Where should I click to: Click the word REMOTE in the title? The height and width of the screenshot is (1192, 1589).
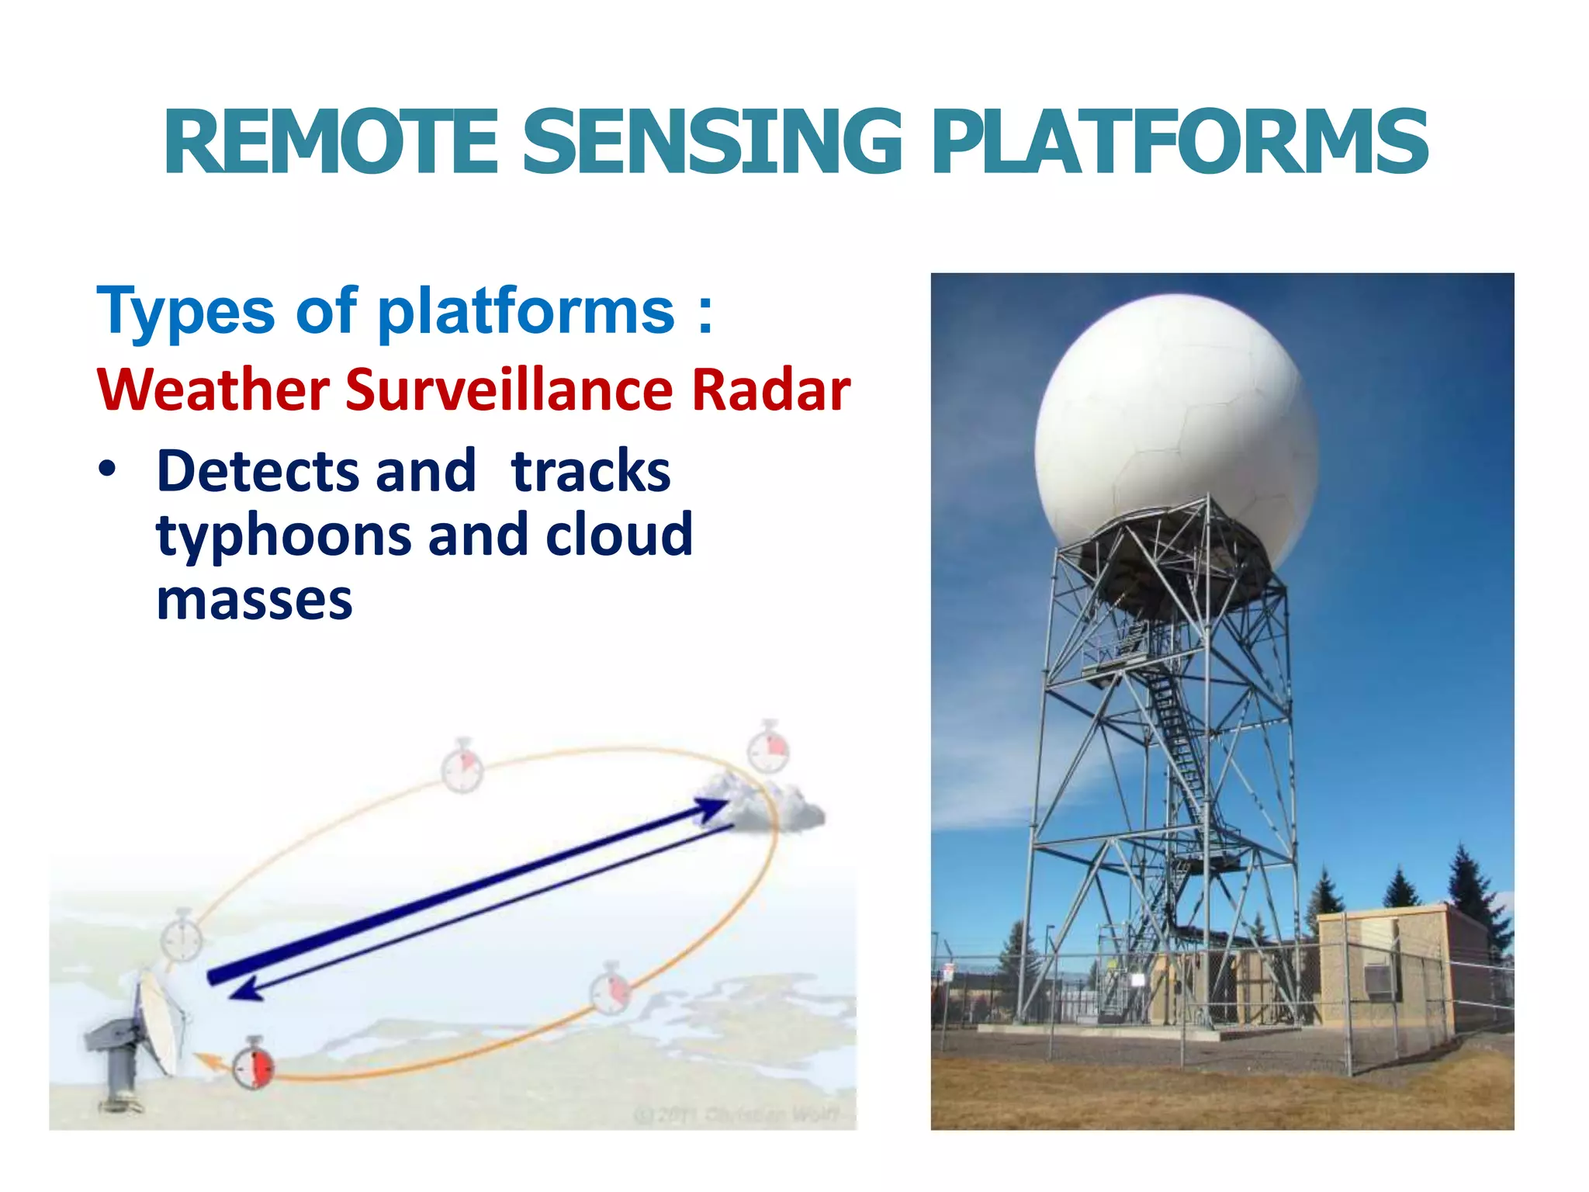click(x=331, y=142)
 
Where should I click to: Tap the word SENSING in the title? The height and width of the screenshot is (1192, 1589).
click(x=713, y=142)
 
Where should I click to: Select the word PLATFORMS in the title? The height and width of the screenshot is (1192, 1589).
click(x=1179, y=142)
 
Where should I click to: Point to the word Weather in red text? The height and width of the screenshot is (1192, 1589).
click(x=213, y=390)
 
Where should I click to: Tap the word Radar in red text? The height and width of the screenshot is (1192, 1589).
click(x=770, y=390)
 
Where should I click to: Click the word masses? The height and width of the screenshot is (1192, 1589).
click(x=254, y=600)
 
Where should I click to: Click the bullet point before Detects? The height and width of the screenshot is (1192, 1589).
click(x=108, y=470)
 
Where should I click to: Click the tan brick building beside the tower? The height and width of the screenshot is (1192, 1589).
click(x=1389, y=970)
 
